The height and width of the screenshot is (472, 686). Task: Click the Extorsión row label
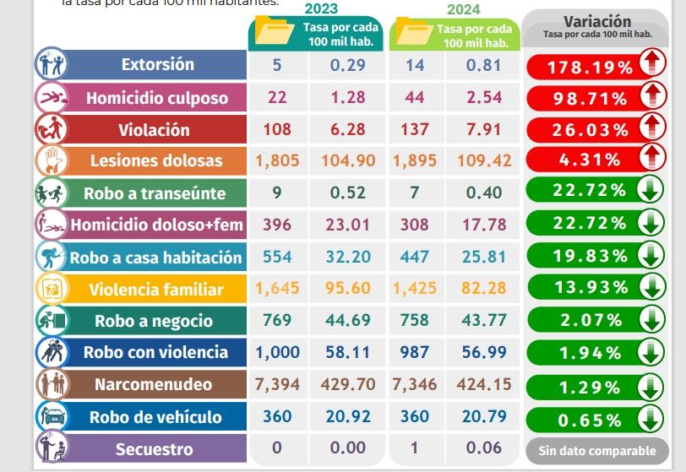click(x=157, y=65)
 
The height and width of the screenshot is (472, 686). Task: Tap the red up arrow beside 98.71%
click(x=653, y=96)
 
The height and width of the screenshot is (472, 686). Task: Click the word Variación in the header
click(x=596, y=21)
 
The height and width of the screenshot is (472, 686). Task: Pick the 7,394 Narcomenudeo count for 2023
click(x=277, y=384)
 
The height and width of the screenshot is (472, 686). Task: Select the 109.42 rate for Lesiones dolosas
click(x=484, y=160)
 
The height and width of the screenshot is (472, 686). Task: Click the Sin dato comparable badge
click(x=596, y=451)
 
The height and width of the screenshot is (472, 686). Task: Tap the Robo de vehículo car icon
click(x=51, y=416)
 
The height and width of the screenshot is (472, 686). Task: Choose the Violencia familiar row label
click(x=156, y=290)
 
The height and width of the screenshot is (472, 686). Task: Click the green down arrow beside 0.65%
click(x=651, y=418)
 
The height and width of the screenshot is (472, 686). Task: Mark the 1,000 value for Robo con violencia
click(x=277, y=353)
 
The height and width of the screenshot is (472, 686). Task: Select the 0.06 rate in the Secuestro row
click(x=484, y=449)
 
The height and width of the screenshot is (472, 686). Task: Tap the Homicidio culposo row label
click(x=157, y=98)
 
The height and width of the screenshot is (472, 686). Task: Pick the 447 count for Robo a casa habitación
click(x=414, y=257)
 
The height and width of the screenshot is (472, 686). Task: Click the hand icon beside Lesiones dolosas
click(x=51, y=160)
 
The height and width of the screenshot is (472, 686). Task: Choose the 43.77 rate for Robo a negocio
click(x=484, y=321)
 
